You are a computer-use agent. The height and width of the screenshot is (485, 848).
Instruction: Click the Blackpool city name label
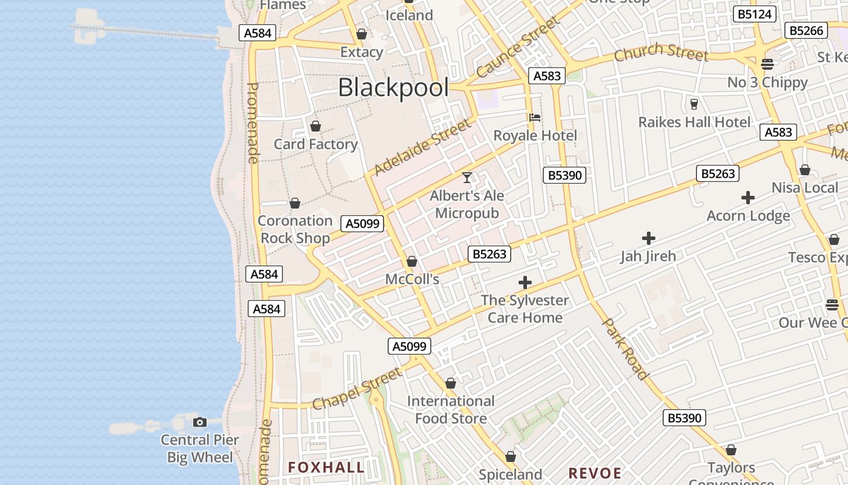point(393,88)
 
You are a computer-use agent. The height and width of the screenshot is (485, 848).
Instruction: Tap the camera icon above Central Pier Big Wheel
point(199,422)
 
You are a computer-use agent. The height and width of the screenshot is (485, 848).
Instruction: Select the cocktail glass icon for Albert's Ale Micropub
point(466,177)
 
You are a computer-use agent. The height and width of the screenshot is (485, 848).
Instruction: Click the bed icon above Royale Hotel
point(534,118)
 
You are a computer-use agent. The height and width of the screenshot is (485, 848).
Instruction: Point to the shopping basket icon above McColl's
point(412,261)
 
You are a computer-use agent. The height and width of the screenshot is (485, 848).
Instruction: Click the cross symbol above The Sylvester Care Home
point(525,283)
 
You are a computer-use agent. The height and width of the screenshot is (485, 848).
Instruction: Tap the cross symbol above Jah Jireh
point(648,238)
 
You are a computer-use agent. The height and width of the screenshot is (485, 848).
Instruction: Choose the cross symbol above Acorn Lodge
point(748,198)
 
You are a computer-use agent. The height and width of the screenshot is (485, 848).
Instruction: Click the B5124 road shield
point(754,14)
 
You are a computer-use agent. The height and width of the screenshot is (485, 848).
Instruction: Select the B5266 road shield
point(806,30)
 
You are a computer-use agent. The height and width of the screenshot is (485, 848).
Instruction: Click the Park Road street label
point(625,349)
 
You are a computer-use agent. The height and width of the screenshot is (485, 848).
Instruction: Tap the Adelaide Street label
point(422,147)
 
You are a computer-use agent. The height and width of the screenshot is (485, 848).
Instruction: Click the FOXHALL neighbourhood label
point(326,467)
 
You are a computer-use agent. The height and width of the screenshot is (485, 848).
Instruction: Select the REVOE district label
point(595,473)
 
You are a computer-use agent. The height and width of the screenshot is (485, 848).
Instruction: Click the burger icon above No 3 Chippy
point(767,64)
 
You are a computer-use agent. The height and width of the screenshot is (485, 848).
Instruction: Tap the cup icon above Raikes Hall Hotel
point(694,104)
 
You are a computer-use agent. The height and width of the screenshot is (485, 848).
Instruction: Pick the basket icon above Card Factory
point(315,126)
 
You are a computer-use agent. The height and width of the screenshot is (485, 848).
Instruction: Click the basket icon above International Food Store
point(450,383)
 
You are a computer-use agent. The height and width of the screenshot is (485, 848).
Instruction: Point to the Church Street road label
point(661,53)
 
